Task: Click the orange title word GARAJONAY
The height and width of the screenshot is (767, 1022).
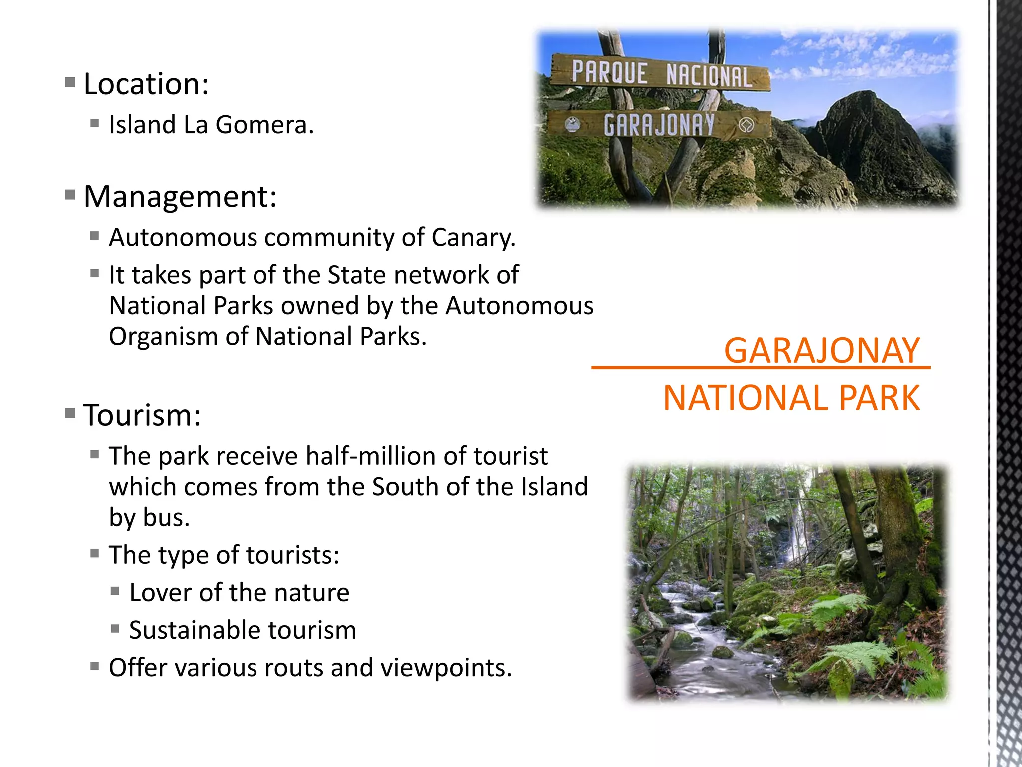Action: tap(821, 351)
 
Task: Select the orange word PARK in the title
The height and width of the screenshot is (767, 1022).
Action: tap(879, 398)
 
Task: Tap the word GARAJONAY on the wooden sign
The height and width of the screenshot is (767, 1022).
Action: tap(659, 125)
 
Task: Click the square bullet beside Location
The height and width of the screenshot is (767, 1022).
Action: tap(70, 82)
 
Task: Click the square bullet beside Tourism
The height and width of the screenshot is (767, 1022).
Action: tap(70, 413)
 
